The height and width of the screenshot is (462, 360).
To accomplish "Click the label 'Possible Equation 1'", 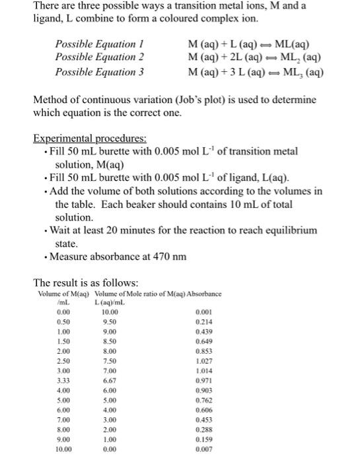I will [x=100, y=44].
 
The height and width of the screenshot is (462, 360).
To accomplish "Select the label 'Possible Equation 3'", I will [x=100, y=72].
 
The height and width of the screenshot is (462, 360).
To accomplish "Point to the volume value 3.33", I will [x=64, y=381].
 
